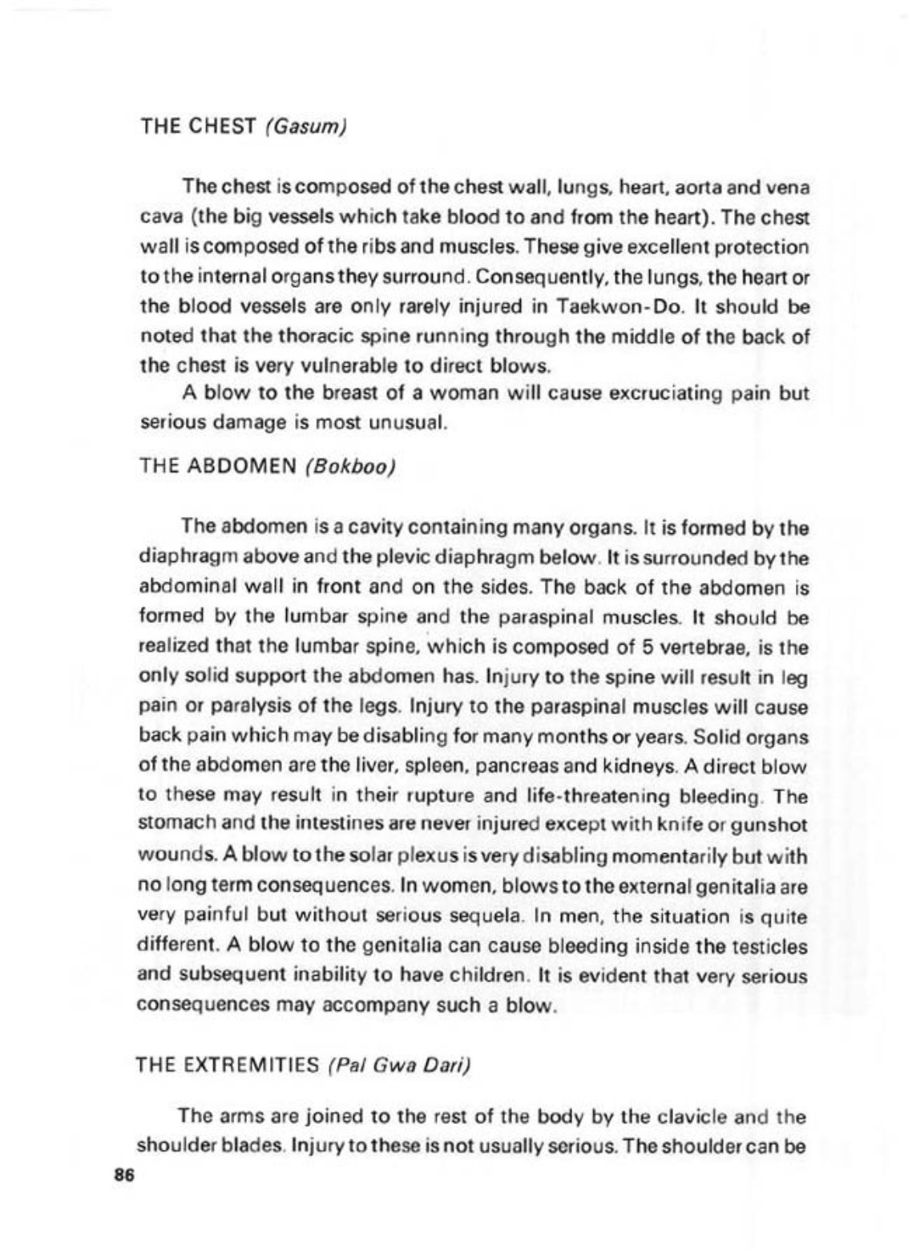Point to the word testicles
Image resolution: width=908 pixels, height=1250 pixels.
(765, 946)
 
